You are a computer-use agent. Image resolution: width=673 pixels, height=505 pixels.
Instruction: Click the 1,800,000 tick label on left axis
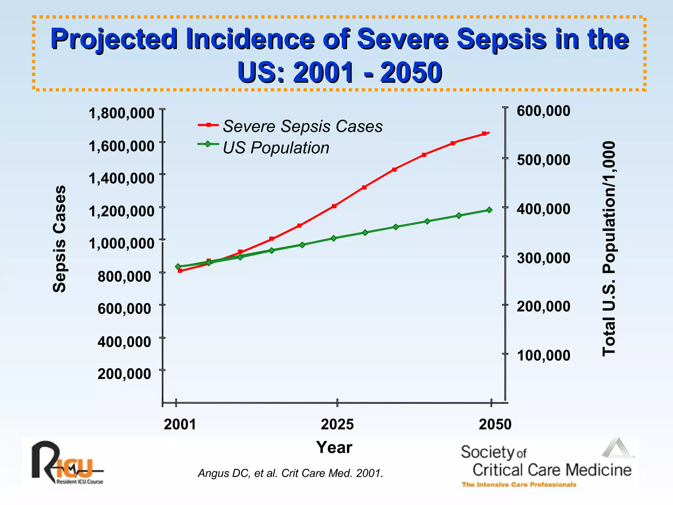coord(121,113)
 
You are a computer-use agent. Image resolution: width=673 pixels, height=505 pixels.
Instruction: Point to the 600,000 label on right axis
coord(544,111)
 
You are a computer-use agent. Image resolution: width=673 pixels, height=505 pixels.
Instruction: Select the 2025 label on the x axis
coord(337,424)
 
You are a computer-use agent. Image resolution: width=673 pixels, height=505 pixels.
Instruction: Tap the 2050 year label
coord(495,424)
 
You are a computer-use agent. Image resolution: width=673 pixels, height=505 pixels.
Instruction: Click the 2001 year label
coord(180,424)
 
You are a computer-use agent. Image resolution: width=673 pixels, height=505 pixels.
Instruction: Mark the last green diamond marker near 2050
coord(489,210)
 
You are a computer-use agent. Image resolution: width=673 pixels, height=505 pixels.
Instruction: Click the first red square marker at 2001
coord(180,271)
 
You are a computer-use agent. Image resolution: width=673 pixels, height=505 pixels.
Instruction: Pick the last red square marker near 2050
coord(484,133)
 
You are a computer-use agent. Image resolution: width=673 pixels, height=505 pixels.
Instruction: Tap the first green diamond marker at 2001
coord(178,266)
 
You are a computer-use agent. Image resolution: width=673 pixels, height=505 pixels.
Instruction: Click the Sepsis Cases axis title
coord(59,239)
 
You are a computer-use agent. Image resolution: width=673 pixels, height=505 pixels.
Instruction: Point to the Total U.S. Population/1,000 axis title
coord(609,249)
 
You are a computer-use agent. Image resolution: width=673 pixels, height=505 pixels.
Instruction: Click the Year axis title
coord(334,447)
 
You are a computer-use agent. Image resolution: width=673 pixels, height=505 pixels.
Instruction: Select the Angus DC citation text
coord(290,473)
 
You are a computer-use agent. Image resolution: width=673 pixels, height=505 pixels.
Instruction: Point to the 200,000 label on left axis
coord(124,374)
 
